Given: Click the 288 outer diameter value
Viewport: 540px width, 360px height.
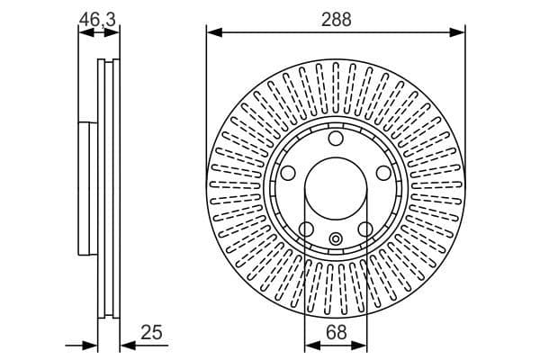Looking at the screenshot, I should tap(336, 17).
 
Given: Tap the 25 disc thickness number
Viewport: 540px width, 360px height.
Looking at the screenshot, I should tap(152, 333).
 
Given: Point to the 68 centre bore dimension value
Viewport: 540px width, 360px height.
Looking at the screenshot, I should tap(336, 333).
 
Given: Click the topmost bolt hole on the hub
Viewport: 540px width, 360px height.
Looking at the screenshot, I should tap(336, 139).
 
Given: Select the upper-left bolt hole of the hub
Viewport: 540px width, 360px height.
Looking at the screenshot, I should tap(288, 173).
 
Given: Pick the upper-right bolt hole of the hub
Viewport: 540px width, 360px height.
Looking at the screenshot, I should tap(383, 173).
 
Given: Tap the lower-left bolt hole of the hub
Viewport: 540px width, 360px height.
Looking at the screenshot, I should tap(306, 229).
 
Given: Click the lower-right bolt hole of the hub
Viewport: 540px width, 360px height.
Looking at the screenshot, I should tap(365, 229).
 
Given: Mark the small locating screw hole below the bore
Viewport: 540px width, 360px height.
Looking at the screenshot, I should tap(336, 238).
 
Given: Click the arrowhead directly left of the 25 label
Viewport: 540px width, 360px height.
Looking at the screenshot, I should tap(126, 345).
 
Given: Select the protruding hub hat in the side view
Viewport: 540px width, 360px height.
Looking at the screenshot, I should tap(86, 188).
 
